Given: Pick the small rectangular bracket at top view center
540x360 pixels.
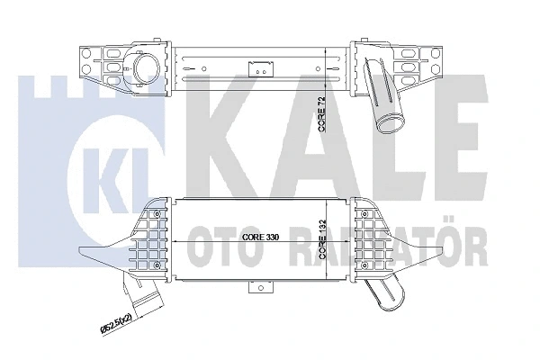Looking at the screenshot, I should [260, 66].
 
